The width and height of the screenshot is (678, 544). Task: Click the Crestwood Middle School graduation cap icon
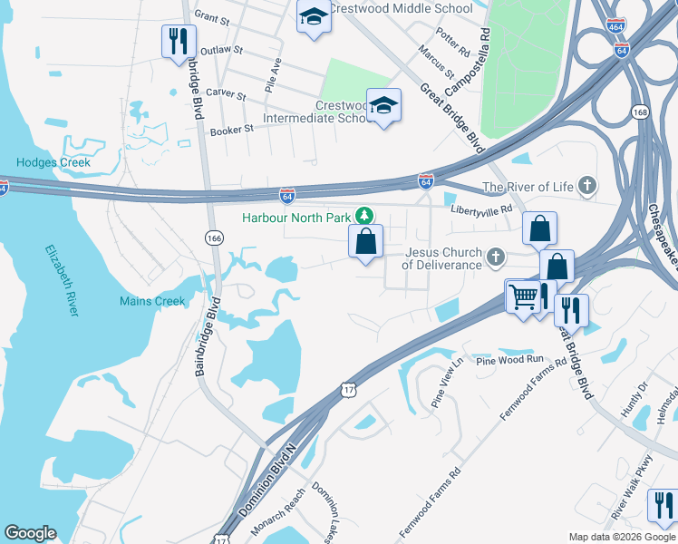point(314,17)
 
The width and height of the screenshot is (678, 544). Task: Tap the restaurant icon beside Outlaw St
point(178,41)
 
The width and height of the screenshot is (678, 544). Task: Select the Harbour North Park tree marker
point(363,216)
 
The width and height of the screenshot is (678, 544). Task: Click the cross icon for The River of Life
point(587,187)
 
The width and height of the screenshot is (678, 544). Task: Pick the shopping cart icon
point(522,296)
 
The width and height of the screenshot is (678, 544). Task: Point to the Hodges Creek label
point(53,163)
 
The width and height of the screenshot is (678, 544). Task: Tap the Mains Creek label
point(152,301)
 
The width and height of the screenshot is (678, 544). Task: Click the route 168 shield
point(641,112)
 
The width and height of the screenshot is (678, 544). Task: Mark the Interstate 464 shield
point(616,25)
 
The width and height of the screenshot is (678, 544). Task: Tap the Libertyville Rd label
point(482,209)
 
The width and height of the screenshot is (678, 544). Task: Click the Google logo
point(30,533)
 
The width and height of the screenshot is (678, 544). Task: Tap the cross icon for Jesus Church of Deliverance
point(495,258)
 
